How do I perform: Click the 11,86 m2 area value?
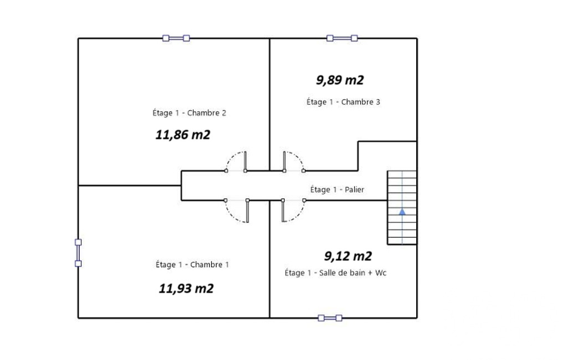coord(183,135)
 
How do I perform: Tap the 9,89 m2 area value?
coord(340,80)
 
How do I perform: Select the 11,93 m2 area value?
coord(186,289)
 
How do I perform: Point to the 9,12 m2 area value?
coord(348,256)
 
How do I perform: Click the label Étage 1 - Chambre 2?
coord(189,112)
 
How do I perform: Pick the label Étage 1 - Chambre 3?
coord(344,102)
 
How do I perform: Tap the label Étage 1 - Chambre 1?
coord(192,264)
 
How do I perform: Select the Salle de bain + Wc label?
coord(353,272)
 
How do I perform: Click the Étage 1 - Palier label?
coord(337,189)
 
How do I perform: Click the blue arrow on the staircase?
coord(402,212)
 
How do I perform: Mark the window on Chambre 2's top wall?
coord(176,38)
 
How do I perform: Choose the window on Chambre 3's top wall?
coord(342,38)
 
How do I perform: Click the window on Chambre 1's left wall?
coord(78,253)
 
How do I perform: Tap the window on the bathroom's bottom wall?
coord(330,318)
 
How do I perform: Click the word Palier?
coord(354,189)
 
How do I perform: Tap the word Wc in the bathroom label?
coord(381,272)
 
